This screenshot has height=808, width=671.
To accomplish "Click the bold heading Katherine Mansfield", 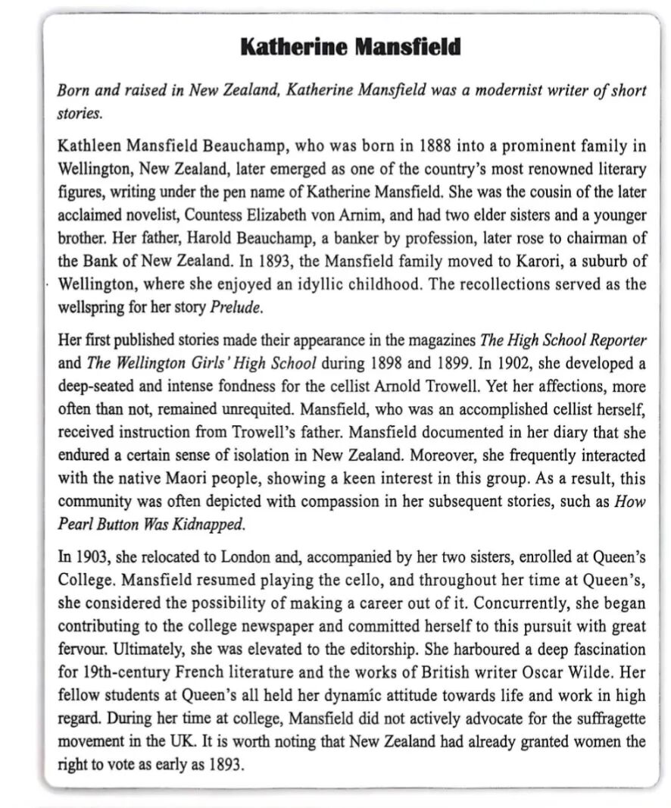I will coord(350,47).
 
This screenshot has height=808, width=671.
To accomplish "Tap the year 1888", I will coord(432,144).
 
